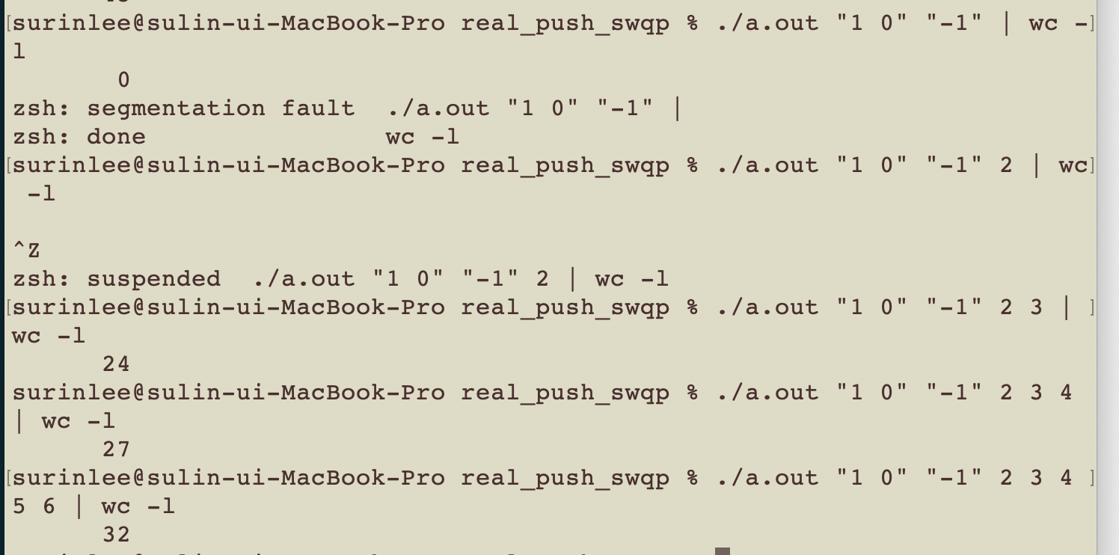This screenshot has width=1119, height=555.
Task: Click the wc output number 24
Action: pos(116,364)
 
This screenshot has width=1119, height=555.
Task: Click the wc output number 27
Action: pos(116,450)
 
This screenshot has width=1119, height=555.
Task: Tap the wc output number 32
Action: pos(116,535)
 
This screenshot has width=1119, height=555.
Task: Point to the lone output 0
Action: pos(123,80)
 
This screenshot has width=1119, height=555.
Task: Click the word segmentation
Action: pos(176,108)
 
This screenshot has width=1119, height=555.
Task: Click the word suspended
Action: pos(153,279)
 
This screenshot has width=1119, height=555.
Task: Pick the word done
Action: pos(116,137)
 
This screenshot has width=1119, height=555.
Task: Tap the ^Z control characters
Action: pos(26,251)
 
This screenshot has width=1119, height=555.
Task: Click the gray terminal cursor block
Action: pos(722,551)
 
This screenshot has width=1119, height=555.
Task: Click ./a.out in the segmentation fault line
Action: pos(438,108)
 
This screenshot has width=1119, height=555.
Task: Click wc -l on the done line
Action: pos(422,137)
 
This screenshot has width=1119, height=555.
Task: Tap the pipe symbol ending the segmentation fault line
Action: pos(677,108)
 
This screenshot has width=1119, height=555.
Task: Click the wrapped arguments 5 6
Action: pos(34,506)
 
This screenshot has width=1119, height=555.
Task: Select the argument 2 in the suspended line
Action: pos(542,279)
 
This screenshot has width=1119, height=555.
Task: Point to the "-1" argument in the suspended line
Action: pos(482,279)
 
